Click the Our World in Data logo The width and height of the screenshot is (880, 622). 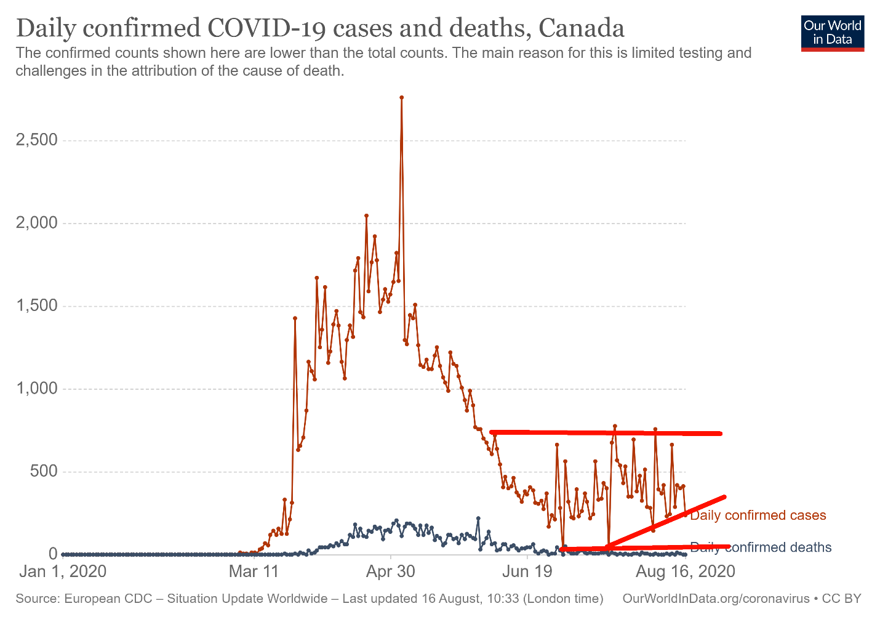833,33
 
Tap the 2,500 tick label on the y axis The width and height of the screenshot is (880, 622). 36,140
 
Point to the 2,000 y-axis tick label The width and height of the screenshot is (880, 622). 36,223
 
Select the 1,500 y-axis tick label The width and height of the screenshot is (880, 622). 36,306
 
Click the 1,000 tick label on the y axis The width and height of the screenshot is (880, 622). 36,389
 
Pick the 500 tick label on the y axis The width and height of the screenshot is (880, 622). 44,472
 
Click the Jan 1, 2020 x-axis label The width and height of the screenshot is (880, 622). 63,572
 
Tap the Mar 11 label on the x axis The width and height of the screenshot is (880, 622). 253,572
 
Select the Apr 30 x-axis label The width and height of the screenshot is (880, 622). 391,572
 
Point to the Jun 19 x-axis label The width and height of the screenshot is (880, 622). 528,572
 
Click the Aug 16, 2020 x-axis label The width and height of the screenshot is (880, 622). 685,572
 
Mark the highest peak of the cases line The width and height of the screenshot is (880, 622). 401,97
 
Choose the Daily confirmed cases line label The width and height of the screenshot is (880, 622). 758,515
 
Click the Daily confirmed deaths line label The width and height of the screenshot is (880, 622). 761,547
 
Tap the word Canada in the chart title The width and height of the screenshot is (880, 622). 581,28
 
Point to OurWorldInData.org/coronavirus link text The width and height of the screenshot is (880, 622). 716,599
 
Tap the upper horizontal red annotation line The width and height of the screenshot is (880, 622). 606,433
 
